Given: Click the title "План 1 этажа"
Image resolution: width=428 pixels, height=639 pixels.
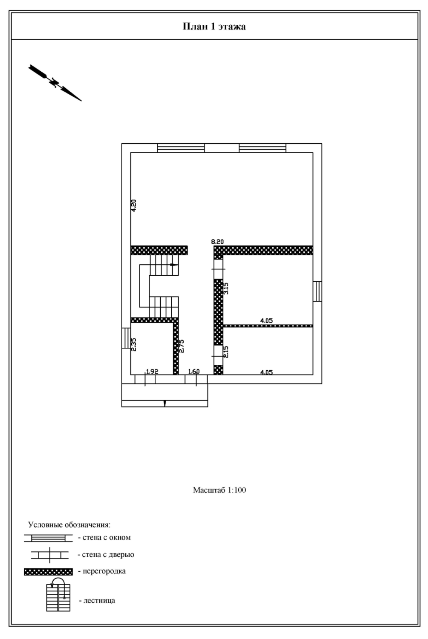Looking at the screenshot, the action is pos(214,26).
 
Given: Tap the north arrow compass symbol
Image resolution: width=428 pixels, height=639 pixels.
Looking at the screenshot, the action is pos(55,83).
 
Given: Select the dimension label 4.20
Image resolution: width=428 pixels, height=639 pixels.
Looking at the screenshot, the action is pos(133,205).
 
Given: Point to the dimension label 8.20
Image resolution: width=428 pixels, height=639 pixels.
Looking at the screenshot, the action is pos(217,242).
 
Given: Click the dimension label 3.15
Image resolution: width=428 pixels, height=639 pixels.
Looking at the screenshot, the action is pos(226,288).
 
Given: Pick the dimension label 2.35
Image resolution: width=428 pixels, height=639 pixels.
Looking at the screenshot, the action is pos(133,344).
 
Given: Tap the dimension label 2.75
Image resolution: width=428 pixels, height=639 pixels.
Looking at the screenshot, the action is pos(182,346).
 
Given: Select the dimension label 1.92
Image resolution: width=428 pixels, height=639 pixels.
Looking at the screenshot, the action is pos(152,371).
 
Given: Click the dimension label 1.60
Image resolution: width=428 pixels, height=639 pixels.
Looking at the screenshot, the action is pos(194,371).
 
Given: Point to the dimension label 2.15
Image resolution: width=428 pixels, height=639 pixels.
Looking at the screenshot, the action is pos(226,352).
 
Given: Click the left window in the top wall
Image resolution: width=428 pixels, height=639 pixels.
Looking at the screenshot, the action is pos(180,148).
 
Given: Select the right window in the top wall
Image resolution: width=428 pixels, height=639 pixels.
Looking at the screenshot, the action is pos(262,148).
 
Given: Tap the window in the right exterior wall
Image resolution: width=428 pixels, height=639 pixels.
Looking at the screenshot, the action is pos(317,291).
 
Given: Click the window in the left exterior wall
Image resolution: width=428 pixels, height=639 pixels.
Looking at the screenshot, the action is pos(126,338).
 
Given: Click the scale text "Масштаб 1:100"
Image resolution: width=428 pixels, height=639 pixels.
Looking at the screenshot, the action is pos(219,490).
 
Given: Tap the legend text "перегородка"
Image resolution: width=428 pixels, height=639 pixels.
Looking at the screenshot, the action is pos(104,571).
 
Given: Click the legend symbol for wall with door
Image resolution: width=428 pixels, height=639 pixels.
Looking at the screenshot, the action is pos(50,555).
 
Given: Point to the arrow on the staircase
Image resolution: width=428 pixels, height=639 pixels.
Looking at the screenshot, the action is pos(174,264).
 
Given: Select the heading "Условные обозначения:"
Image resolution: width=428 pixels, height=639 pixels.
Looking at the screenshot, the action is pos(69,525).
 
